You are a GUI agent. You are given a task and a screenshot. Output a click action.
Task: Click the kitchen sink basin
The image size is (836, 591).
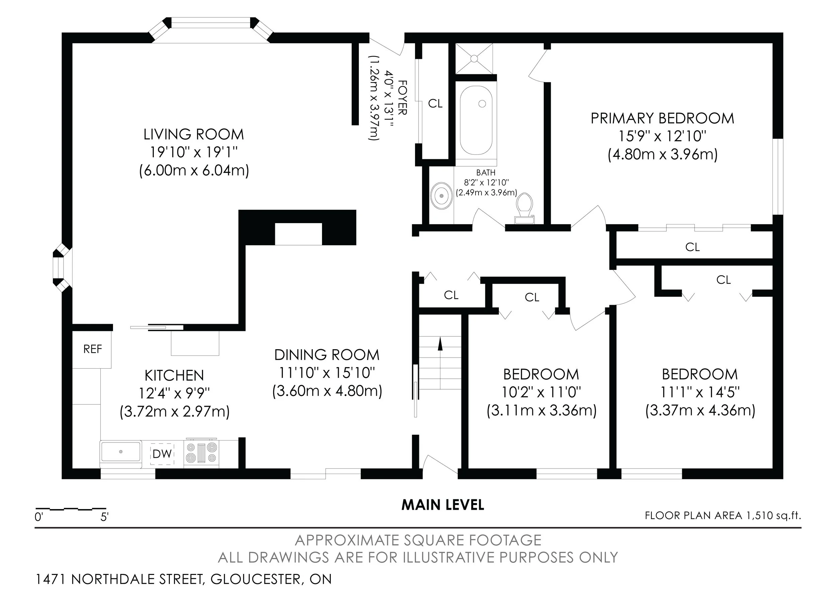pyautogui.click(x=121, y=452)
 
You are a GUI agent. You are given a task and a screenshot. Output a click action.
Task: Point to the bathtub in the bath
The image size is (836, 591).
pyautogui.click(x=476, y=120)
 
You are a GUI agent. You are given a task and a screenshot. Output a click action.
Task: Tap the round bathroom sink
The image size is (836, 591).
pyautogui.click(x=441, y=196)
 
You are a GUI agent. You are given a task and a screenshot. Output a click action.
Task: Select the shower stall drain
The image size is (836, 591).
pyautogui.click(x=474, y=58)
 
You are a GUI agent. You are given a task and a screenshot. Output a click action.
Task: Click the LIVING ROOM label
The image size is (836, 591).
pyautogui.click(x=194, y=134)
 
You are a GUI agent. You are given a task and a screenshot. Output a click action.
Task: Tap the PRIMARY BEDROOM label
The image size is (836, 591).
pyautogui.click(x=662, y=118)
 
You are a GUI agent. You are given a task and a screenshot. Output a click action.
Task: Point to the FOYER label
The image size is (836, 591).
pyautogui.click(x=402, y=98)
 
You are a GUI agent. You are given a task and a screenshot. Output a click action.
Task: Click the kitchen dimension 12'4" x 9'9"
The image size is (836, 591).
pyautogui.click(x=175, y=393)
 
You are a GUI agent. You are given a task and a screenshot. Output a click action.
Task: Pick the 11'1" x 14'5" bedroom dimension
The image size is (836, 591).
pyautogui.click(x=700, y=392)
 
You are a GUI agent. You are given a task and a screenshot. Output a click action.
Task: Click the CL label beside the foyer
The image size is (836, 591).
pyautogui.click(x=435, y=103)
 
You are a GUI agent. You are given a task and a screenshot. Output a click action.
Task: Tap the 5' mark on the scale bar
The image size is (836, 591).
pyautogui.click(x=104, y=517)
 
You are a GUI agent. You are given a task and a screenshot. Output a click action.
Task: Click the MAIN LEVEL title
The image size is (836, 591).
pyautogui.click(x=443, y=505)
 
